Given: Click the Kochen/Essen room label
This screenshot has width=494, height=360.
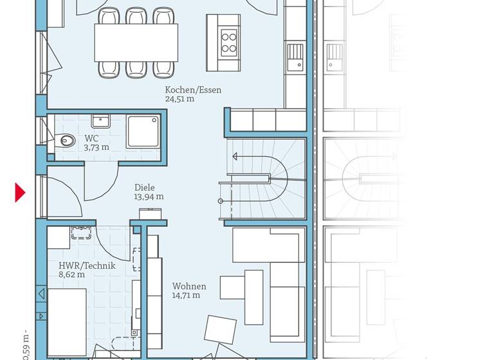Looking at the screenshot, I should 193,90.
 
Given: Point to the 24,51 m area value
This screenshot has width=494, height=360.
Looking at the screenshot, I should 179,100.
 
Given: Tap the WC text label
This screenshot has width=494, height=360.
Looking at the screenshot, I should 91,138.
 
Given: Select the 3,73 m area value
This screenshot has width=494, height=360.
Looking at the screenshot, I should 96,147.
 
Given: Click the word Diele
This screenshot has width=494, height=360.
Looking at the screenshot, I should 145,188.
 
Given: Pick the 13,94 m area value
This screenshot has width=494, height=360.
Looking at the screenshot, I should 149,197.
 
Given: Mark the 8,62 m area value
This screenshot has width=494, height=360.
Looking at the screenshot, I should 71,274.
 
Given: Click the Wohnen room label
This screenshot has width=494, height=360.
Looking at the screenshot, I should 189,286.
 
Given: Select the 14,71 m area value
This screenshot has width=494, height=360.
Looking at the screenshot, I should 186,295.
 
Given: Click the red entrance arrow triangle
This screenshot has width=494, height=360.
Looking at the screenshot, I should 20,192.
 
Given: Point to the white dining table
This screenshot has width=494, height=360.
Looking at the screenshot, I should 136,42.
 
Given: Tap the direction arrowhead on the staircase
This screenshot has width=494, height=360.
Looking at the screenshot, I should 235,156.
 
